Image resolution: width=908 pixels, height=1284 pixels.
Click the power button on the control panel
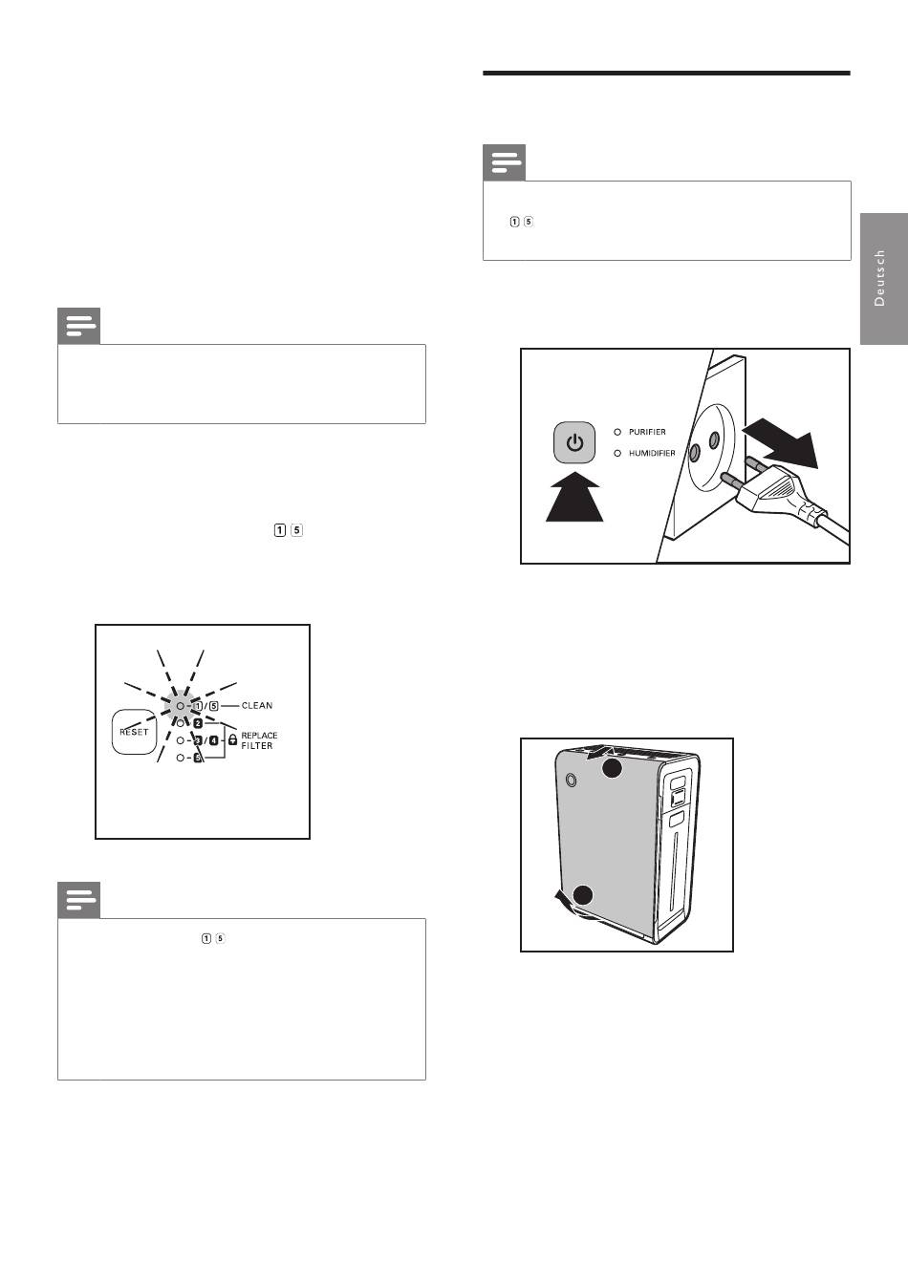click(x=574, y=442)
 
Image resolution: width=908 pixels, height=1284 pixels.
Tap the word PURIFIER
click(x=647, y=432)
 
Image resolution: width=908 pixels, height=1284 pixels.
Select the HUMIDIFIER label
click(x=652, y=453)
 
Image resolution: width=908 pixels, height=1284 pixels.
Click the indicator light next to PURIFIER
click(x=617, y=432)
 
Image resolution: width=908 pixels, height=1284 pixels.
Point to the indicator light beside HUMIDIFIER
click(x=617, y=453)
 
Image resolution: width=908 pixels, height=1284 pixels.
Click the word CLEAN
click(x=257, y=706)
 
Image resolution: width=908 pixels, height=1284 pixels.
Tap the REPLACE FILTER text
click(x=259, y=740)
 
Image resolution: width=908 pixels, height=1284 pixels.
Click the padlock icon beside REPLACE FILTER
click(x=233, y=739)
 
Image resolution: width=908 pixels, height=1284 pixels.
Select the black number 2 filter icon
click(x=198, y=723)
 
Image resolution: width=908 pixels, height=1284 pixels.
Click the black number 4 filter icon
click(x=213, y=740)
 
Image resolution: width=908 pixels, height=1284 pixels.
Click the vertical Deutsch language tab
click(x=883, y=279)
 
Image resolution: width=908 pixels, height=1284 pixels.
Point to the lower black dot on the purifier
click(x=583, y=895)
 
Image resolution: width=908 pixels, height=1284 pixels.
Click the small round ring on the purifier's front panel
click(x=571, y=780)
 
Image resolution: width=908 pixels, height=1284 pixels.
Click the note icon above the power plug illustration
click(x=505, y=162)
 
